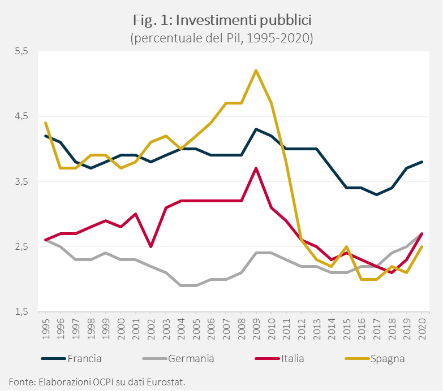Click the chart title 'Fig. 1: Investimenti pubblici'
click(x=222, y=21)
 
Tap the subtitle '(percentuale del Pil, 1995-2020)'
click(x=222, y=38)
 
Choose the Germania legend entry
click(x=191, y=358)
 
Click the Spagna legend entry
click(x=388, y=358)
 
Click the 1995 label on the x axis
click(x=45, y=328)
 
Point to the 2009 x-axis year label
click(x=256, y=328)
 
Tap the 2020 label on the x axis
click(x=422, y=328)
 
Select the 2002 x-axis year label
click(x=150, y=328)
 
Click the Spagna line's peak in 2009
click(x=256, y=71)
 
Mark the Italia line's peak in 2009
click(x=256, y=168)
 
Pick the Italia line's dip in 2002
click(x=150, y=246)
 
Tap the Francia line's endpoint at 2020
click(x=422, y=162)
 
